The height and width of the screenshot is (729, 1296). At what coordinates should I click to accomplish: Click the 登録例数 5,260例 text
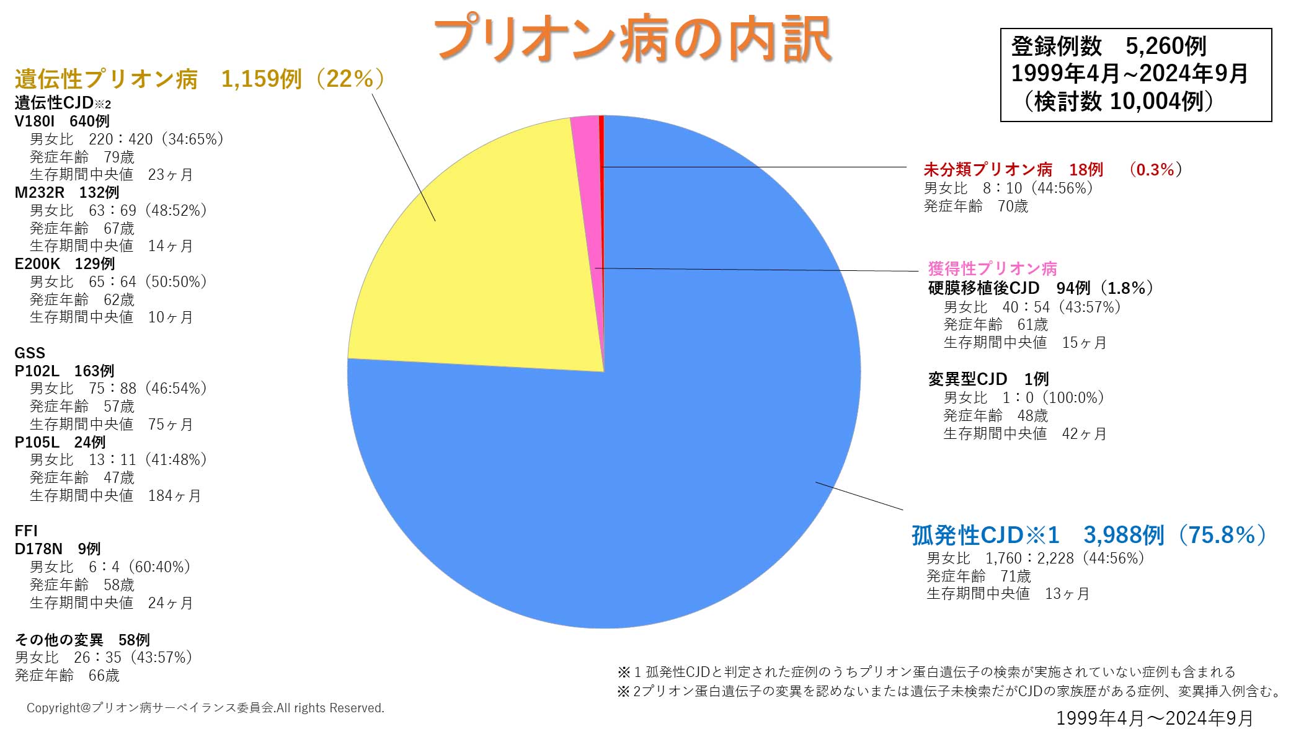pos(1109,46)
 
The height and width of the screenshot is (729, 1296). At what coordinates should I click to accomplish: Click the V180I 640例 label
pos(62,121)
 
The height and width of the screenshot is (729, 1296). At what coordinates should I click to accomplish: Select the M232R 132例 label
pos(67,192)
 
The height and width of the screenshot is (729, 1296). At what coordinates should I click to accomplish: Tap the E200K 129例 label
pos(64,263)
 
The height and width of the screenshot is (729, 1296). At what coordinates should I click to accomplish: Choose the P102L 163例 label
pos(64,371)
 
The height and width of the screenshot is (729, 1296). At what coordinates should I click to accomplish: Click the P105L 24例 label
pos(60,442)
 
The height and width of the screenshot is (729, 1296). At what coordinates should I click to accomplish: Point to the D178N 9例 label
pos(58,549)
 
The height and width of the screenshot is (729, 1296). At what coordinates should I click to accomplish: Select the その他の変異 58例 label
pos(82,640)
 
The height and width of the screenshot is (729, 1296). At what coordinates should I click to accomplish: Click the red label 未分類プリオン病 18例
pos(1013,169)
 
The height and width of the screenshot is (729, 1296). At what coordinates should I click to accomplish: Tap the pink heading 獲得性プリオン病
pos(992,268)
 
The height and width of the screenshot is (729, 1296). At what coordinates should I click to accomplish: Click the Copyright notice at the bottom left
pos(205,708)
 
